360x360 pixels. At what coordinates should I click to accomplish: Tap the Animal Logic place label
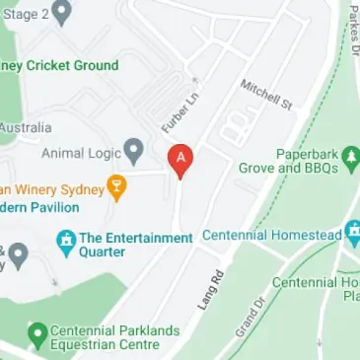81,153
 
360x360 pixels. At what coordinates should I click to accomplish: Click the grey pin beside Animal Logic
133,152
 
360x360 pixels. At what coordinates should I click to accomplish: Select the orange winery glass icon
117,187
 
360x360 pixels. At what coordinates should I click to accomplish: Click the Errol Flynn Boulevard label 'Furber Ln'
175,112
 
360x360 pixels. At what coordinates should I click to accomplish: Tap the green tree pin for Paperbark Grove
350,156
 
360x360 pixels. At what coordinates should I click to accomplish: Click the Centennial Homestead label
271,236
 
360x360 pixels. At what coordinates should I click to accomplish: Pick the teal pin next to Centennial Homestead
354,236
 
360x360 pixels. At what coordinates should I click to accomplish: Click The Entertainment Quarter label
135,245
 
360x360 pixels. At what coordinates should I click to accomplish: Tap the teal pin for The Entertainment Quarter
66,241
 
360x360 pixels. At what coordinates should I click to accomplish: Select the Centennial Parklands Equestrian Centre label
105,337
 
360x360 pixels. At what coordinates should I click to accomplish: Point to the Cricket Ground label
59,65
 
